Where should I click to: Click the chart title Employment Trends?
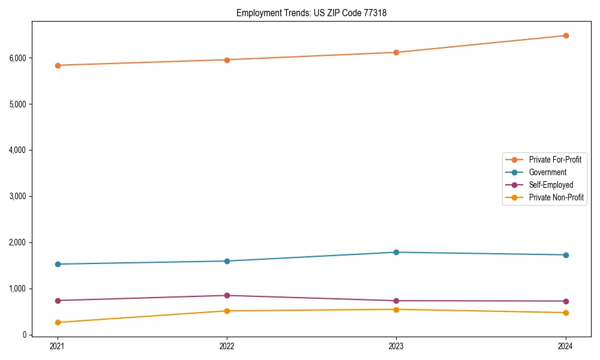pyautogui.click(x=311, y=13)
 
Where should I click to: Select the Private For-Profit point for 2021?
pyautogui.click(x=58, y=65)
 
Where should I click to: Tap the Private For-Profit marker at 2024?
pyautogui.click(x=566, y=35)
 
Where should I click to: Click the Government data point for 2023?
pyautogui.click(x=397, y=252)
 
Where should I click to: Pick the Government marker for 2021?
pyautogui.click(x=58, y=264)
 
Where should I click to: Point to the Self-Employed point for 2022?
pyautogui.click(x=227, y=295)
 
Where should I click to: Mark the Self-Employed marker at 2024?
pyautogui.click(x=566, y=301)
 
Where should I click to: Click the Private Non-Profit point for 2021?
pyautogui.click(x=58, y=322)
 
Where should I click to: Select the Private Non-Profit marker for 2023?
pyautogui.click(x=397, y=310)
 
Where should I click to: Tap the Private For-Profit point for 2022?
pyautogui.click(x=227, y=60)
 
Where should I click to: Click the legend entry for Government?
pyautogui.click(x=547, y=172)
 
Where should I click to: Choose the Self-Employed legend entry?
pyautogui.click(x=551, y=185)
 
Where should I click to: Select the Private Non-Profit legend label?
pyautogui.click(x=556, y=197)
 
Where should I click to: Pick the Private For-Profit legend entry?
pyautogui.click(x=555, y=160)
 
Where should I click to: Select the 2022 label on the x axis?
pyautogui.click(x=227, y=346)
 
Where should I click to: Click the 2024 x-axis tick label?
pyautogui.click(x=566, y=346)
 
